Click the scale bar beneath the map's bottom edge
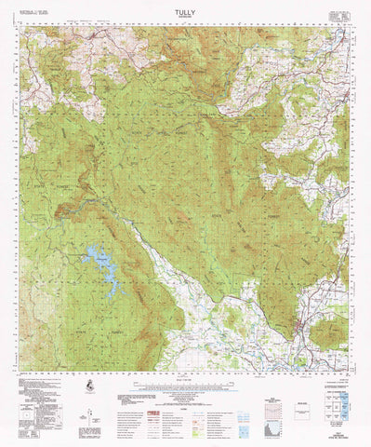point(185,380)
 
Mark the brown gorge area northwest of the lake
point(70,214)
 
